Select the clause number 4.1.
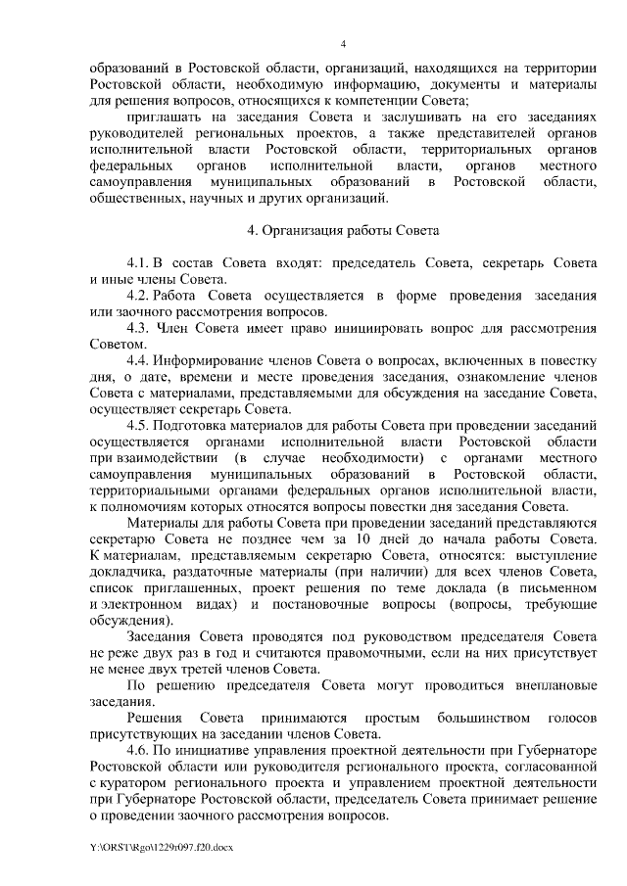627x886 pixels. point(138,264)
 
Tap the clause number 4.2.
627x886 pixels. point(138,296)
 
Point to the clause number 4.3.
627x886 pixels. point(138,327)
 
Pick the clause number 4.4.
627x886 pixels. point(138,358)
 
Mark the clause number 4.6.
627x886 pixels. point(138,750)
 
